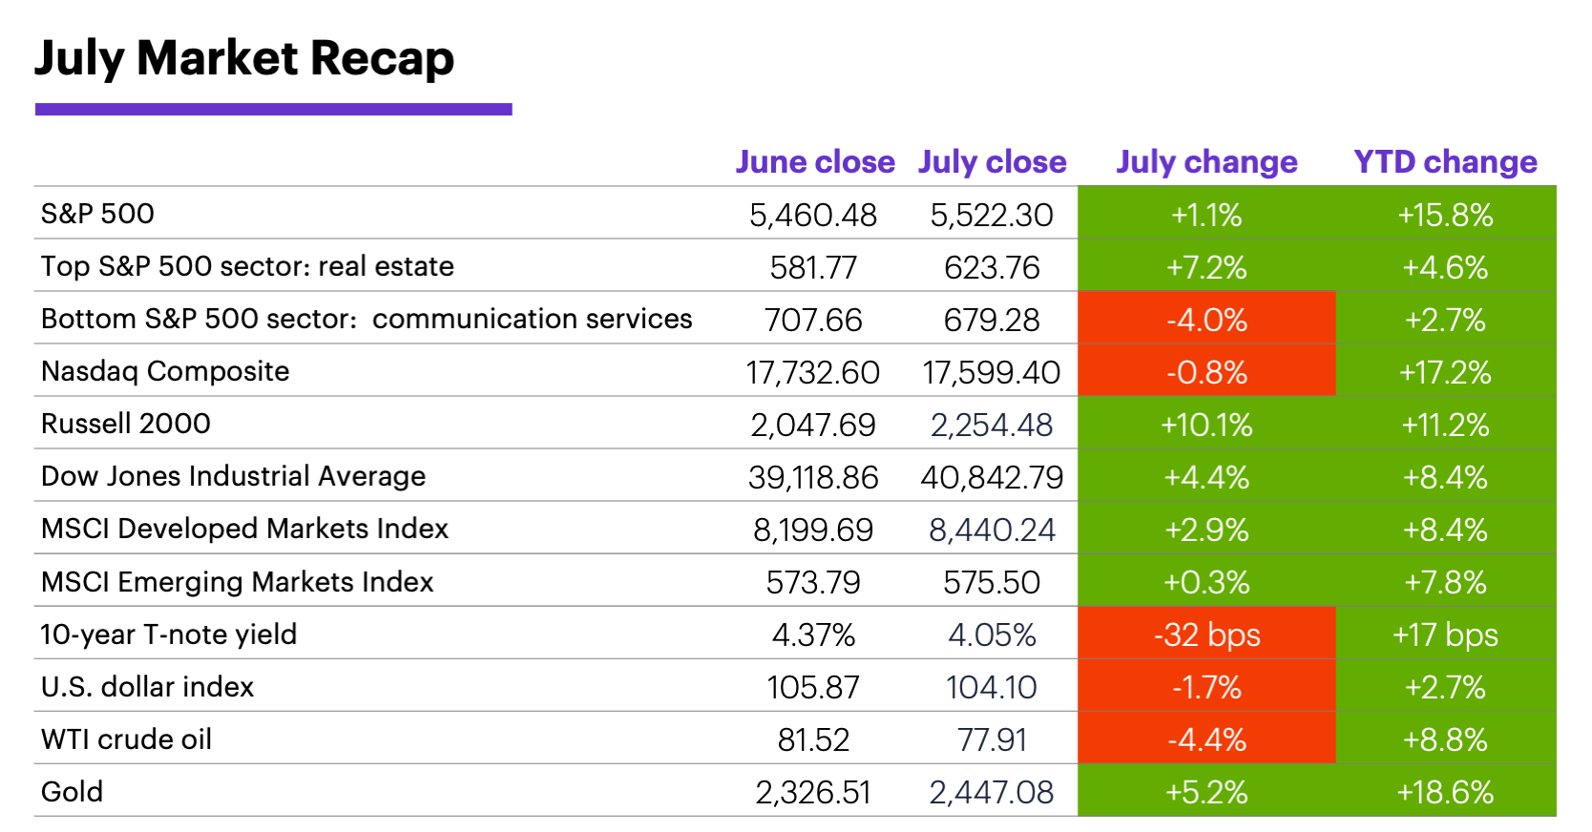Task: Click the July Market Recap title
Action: [x=244, y=58]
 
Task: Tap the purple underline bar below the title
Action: [x=273, y=110]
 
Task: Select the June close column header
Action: [x=815, y=162]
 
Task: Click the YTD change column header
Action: [x=1445, y=162]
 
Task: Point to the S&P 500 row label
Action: [x=97, y=214]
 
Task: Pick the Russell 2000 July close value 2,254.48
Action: [x=992, y=425]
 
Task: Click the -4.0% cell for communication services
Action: [x=1206, y=320]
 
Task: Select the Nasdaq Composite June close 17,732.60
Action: [x=813, y=372]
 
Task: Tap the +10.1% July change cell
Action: [x=1206, y=425]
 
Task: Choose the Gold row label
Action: [x=72, y=792]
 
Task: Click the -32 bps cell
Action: [x=1206, y=634]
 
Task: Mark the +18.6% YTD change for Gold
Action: [x=1445, y=792]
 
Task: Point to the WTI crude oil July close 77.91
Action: [x=992, y=739]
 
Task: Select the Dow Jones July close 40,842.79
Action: [x=992, y=477]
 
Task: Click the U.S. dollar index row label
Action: [x=147, y=687]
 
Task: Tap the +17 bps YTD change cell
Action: [x=1445, y=634]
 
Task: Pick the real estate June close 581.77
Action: [x=813, y=267]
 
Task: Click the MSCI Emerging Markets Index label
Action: [x=237, y=582]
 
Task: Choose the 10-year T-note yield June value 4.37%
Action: [x=813, y=634]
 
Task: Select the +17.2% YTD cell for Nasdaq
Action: [x=1445, y=372]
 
